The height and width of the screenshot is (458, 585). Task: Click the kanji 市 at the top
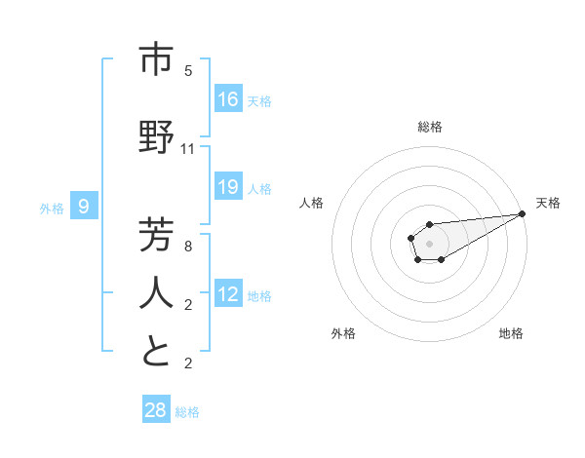156,61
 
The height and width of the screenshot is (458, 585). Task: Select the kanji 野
156,138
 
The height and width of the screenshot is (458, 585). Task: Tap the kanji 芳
156,236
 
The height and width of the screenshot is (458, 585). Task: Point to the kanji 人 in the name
156,293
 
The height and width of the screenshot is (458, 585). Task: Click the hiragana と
156,352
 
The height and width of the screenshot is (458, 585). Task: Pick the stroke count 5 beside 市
188,71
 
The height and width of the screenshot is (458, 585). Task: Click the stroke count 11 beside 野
188,149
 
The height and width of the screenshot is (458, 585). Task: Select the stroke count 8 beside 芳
188,247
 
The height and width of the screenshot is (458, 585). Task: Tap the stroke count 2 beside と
188,363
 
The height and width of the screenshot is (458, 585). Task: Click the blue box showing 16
228,99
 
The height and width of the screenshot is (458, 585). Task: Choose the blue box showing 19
228,187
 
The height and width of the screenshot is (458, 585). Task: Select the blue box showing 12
228,294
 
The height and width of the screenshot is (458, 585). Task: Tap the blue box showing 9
84,206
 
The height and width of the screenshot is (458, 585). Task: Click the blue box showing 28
156,410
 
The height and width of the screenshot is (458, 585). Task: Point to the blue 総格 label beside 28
187,412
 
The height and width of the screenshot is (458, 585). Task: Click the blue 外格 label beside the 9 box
51,208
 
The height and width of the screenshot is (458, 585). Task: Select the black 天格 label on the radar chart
548,203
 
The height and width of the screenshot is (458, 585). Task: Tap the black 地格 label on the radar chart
511,333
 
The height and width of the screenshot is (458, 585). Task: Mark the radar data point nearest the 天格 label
522,213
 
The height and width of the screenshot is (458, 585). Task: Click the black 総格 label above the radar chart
429,127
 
